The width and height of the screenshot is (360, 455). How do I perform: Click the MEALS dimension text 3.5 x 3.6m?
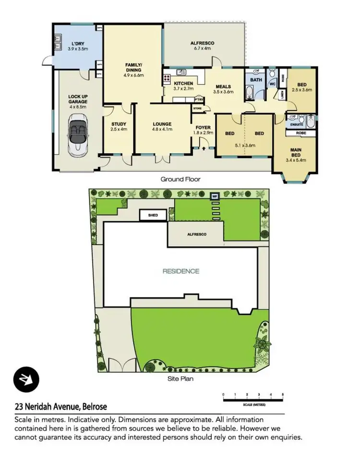223,92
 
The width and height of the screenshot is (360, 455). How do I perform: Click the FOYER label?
204,128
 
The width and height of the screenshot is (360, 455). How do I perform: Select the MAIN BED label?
296,152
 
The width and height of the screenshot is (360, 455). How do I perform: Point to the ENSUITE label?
297,124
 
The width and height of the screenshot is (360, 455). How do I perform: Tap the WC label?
271,84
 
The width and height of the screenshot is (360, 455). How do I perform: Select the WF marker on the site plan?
215,196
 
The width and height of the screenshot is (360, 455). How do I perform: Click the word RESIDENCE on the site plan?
180,271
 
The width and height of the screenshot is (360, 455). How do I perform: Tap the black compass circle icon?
23,378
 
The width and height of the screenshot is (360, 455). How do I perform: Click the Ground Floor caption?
180,179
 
